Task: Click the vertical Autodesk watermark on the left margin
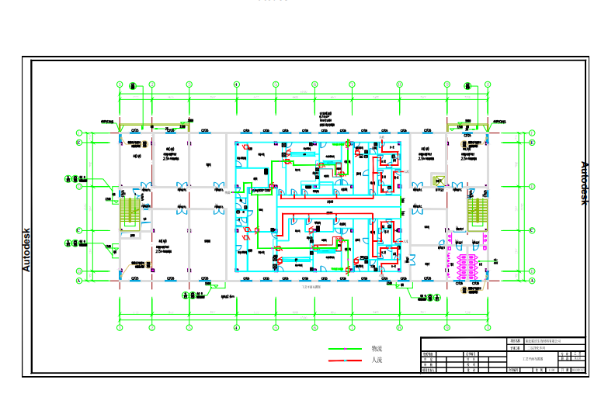(x=26, y=250)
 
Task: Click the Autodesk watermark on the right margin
(x=585, y=183)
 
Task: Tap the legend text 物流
(x=377, y=349)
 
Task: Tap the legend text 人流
(x=377, y=360)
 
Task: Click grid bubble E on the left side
(x=78, y=143)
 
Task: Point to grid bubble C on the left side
(x=78, y=230)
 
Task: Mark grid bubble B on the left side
(x=78, y=271)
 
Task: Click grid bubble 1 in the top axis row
(x=120, y=85)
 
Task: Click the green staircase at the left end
(x=130, y=213)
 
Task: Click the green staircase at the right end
(x=475, y=213)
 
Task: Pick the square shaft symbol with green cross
(x=438, y=181)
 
